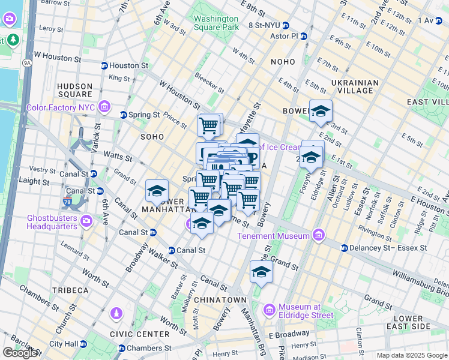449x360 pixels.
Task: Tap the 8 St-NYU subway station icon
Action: point(286,26)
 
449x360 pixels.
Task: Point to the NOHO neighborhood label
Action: point(283,62)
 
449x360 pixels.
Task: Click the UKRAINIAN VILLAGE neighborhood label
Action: point(355,86)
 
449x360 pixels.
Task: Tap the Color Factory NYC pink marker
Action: point(105,107)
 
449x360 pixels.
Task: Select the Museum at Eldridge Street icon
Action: point(270,310)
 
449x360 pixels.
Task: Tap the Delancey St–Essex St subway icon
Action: point(345,248)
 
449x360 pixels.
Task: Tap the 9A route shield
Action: point(26,61)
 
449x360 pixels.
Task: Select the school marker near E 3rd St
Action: point(321,111)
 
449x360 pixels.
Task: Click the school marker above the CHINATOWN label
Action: point(261,272)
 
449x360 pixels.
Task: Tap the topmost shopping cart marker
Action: point(209,126)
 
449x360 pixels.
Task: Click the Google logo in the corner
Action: point(20,353)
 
